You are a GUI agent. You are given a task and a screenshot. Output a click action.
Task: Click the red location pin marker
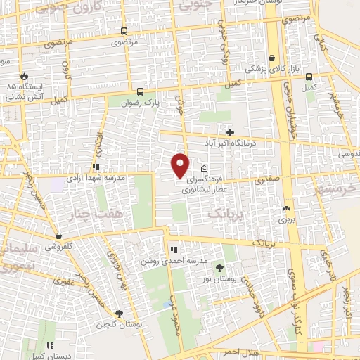click(x=181, y=165)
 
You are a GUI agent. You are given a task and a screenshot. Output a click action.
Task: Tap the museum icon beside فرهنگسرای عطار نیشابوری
click(x=204, y=169)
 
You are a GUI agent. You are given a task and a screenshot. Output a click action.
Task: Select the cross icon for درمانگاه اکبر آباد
click(x=230, y=131)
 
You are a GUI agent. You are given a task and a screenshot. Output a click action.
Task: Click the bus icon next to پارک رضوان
click(x=140, y=91)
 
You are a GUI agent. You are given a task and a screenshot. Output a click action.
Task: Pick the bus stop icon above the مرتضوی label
click(x=124, y=32)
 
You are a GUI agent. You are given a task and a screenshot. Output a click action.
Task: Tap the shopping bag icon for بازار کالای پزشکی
click(x=272, y=58)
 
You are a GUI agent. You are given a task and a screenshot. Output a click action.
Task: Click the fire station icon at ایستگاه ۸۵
click(x=24, y=75)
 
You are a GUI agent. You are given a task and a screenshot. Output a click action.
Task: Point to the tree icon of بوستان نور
click(x=219, y=267)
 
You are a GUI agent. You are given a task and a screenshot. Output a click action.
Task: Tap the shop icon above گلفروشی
click(x=58, y=237)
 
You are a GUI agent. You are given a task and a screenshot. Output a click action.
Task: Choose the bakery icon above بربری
click(x=285, y=209)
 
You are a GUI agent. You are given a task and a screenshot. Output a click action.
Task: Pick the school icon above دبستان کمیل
click(x=50, y=345)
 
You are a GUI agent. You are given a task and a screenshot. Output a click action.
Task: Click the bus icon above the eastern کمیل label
click(x=308, y=77)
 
